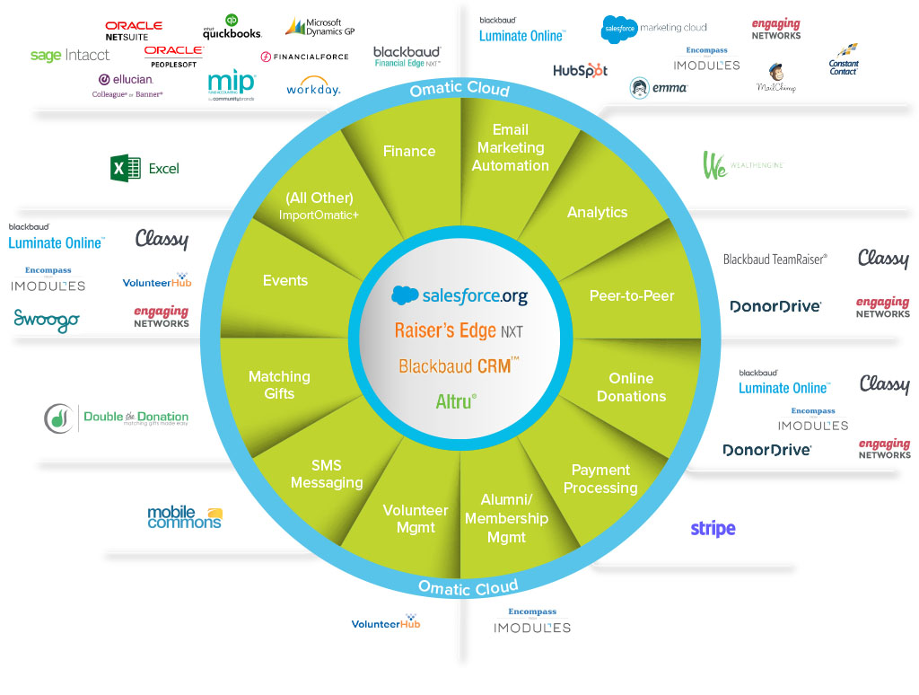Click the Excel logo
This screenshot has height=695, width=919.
coord(144,168)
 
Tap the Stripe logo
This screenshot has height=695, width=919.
coord(713,529)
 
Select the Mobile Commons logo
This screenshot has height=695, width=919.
coord(184,517)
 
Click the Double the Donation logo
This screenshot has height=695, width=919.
coord(117,418)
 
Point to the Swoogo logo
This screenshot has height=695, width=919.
coord(47,320)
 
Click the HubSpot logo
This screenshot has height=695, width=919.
coord(580,70)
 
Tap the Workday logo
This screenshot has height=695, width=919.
coord(313,88)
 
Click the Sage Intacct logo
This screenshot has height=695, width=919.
coord(70,56)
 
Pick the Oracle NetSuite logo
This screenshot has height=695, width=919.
coord(133,31)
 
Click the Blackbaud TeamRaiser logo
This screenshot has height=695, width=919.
coord(775,260)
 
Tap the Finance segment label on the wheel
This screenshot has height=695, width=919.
coord(409,151)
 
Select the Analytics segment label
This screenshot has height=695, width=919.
coord(597,212)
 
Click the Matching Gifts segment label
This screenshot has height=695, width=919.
coord(279,384)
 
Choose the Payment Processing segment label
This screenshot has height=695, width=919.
coord(600,479)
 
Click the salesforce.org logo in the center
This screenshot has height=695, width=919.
coord(459,295)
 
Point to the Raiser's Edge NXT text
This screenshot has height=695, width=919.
coord(459,330)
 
